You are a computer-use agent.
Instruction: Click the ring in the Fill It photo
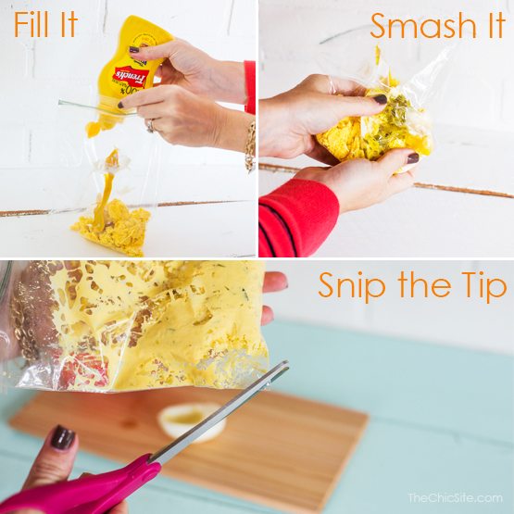coord(150,125)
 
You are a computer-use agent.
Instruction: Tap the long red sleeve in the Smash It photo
coord(296,218)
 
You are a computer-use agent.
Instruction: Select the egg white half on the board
coord(190,421)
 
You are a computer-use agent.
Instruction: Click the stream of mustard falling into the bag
coord(104,190)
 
